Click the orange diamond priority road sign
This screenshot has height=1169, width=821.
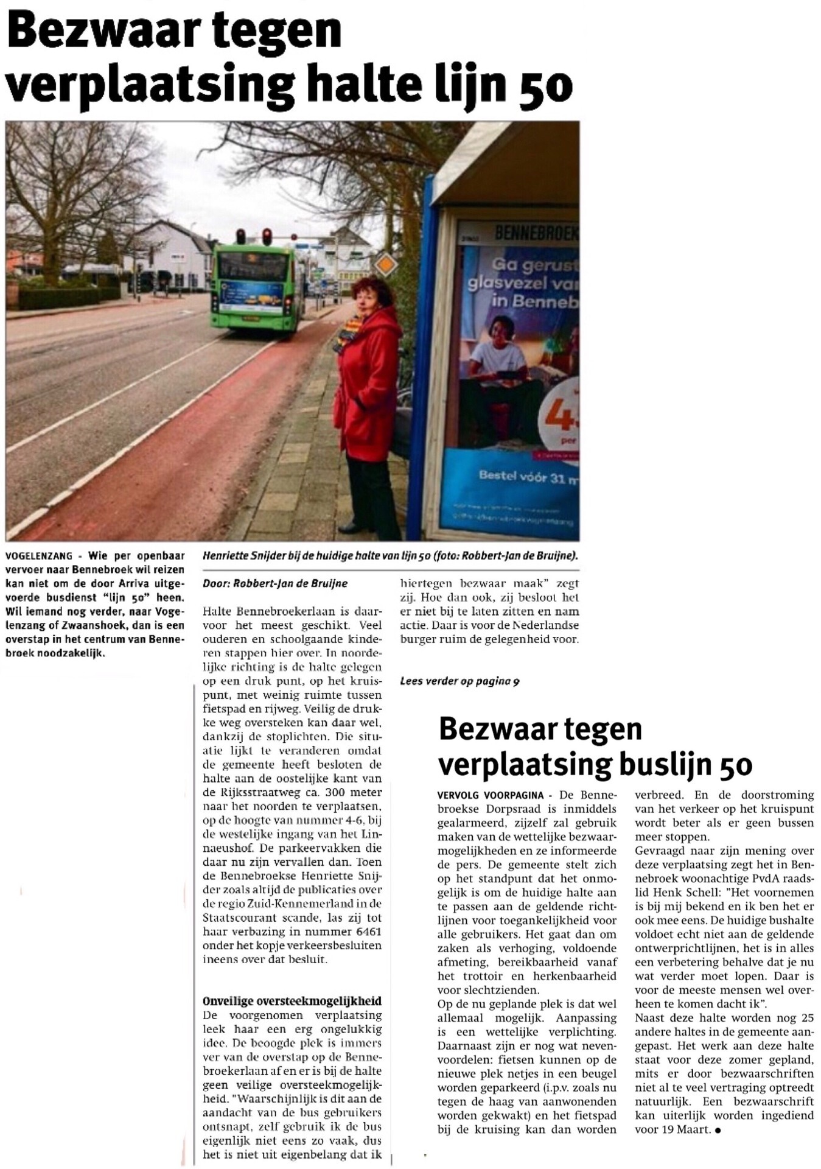tap(386, 265)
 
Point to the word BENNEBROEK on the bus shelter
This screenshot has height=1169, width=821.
tap(536, 232)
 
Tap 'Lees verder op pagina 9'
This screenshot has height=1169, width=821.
tap(459, 681)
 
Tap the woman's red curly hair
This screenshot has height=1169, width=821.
tap(370, 291)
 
